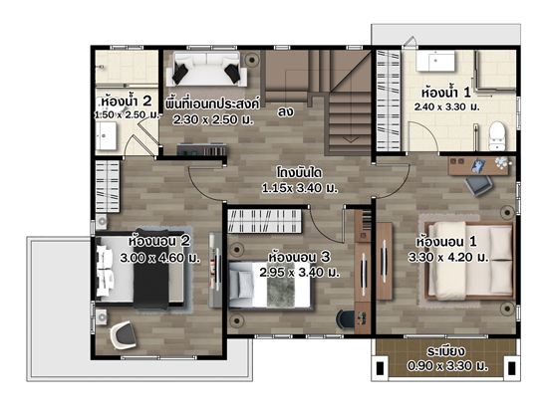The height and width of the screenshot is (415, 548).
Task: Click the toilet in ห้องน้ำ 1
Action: click(496, 135)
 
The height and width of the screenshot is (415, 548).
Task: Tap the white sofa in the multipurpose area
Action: click(206, 69)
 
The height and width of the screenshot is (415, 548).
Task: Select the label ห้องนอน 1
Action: click(446, 242)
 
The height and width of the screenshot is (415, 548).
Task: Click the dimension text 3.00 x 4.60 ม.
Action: click(159, 258)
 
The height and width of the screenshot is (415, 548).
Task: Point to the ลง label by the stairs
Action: click(285, 112)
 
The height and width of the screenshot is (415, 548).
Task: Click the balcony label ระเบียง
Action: click(445, 351)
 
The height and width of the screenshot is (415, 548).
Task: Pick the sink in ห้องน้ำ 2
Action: click(106, 136)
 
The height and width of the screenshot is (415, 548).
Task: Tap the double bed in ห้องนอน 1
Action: click(469, 261)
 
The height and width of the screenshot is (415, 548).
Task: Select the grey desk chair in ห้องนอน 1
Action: click(478, 185)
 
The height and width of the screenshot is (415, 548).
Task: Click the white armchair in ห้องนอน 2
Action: click(123, 335)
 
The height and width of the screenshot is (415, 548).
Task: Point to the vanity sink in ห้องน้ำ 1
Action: click(435, 61)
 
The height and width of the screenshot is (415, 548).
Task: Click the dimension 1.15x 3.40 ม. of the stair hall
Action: click(300, 188)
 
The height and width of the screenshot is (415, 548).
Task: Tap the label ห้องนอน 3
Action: click(299, 257)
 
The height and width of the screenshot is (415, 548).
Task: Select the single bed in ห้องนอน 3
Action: click(270, 285)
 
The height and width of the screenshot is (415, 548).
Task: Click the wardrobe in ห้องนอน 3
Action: click(265, 221)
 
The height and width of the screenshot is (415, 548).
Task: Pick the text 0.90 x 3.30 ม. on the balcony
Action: click(447, 366)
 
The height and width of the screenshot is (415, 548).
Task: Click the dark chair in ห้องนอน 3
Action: click(345, 319)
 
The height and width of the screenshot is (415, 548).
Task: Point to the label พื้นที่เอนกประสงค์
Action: click(212, 104)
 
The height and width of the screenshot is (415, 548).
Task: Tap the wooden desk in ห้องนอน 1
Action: click(479, 166)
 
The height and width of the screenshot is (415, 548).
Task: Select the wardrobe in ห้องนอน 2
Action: click(108, 186)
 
